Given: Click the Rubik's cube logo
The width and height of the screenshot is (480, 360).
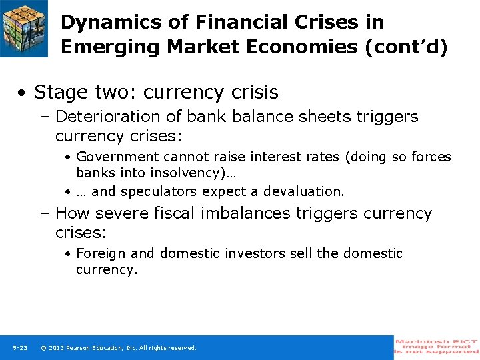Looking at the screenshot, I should tap(24, 27).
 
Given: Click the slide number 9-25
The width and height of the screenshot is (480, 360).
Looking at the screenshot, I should tap(20, 348).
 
